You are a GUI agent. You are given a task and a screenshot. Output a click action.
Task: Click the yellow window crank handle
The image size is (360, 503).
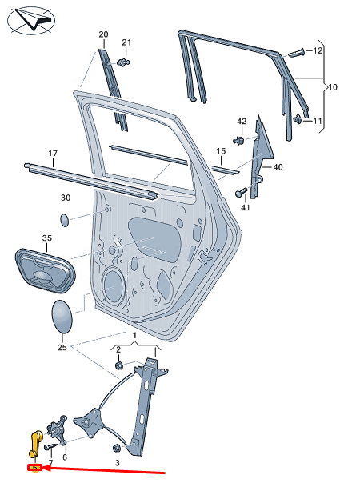[x=34, y=444]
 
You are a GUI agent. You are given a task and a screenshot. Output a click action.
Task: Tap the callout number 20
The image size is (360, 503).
[x=103, y=34]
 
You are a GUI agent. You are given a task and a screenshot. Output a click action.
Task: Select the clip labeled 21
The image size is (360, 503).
[x=123, y=62]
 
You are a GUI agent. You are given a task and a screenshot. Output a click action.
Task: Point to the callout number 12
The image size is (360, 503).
[x=318, y=50]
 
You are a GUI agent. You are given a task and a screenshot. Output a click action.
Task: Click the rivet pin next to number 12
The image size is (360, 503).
[x=297, y=52]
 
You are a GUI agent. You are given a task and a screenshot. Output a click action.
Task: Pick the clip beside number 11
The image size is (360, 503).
[x=298, y=119]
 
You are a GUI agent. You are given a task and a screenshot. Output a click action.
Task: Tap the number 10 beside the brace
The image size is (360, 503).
[x=333, y=87]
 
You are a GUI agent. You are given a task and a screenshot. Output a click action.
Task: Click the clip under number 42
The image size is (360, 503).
[x=238, y=140]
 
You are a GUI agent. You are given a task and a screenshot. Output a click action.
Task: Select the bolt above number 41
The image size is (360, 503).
[x=241, y=192]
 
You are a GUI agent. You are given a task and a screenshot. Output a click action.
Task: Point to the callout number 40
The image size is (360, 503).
[x=278, y=167]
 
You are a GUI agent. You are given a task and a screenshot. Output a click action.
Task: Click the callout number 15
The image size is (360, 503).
[x=221, y=151]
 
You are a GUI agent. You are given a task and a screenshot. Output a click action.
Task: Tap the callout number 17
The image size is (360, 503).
[x=53, y=154]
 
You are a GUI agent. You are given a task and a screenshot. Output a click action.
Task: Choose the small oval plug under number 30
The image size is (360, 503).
[x=65, y=219]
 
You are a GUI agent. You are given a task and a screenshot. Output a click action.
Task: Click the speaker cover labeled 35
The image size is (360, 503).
[x=45, y=270]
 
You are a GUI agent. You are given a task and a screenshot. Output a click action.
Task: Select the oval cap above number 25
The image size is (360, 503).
[x=62, y=317]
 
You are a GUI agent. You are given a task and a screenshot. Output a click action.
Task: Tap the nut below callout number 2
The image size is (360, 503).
[x=119, y=365]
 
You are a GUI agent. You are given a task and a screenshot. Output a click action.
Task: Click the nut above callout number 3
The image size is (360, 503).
[x=117, y=448]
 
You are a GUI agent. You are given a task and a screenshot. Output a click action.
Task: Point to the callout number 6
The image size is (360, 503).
[x=65, y=457]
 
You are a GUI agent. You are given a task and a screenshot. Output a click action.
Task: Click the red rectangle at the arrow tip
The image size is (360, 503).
[x=35, y=468]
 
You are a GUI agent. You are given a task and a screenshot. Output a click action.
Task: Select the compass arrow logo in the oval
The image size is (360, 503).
[x=31, y=19]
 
